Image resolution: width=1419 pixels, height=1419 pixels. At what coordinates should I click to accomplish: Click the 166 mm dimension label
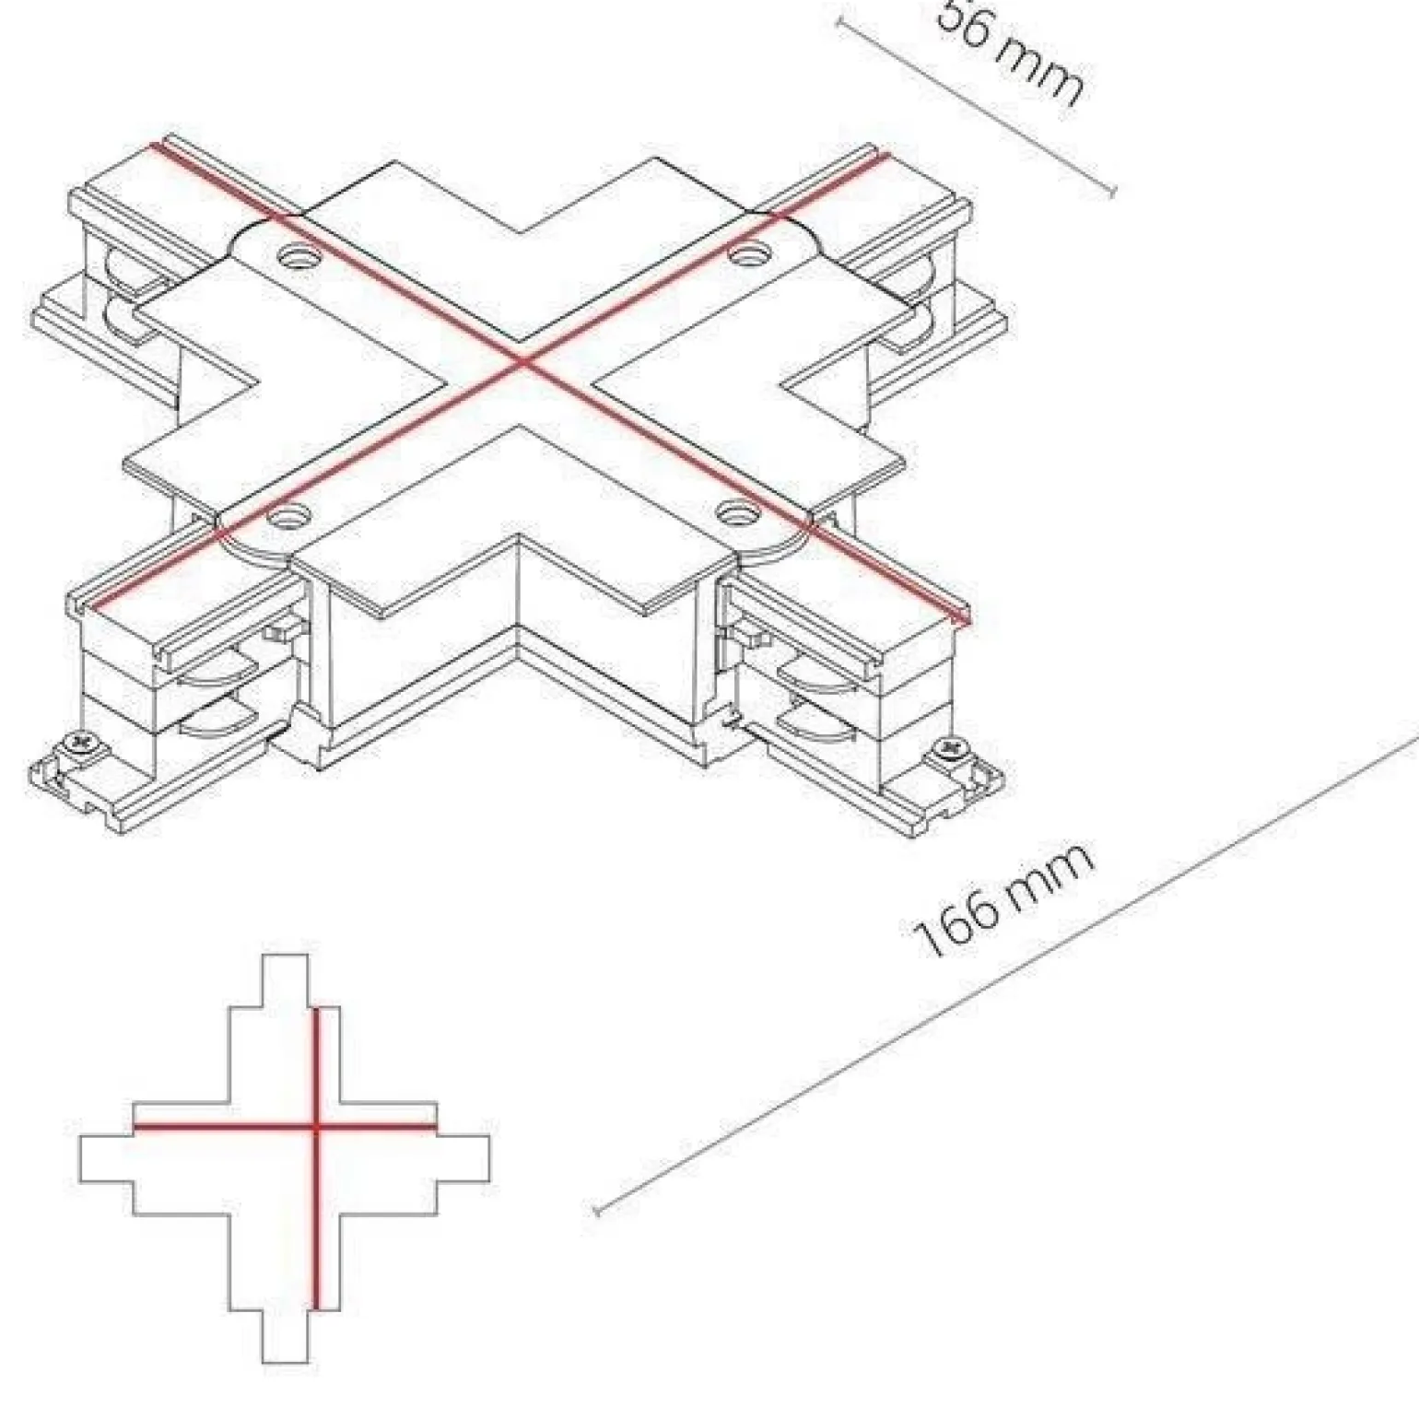pos(1003,898)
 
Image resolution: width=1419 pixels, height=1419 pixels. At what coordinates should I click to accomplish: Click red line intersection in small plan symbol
pos(315,1126)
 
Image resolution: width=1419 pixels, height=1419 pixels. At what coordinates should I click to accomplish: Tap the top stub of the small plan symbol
pos(285,981)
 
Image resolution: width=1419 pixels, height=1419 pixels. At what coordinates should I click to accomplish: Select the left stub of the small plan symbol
pos(106,1159)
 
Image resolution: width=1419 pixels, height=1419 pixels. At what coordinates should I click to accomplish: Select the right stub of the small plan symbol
pos(463,1159)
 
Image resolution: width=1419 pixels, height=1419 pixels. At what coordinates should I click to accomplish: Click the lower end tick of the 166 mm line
pos(597,1211)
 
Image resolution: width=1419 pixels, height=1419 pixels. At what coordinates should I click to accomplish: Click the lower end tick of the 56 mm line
pos(1113,192)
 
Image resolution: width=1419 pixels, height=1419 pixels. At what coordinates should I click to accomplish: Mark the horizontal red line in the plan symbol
pos(230,1126)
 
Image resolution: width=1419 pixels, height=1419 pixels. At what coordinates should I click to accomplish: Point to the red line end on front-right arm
pos(963,622)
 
